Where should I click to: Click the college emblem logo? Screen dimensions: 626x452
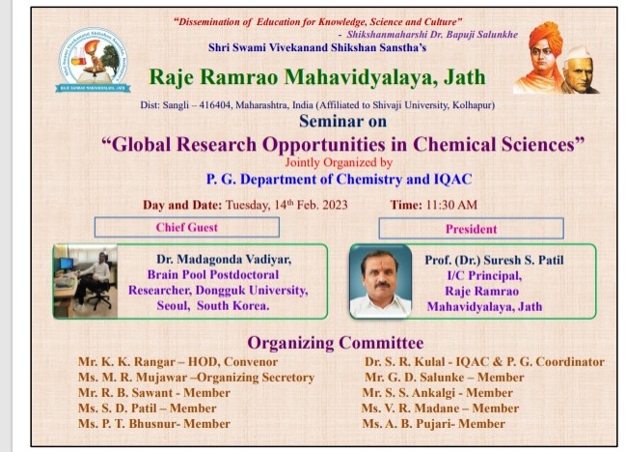[93, 60]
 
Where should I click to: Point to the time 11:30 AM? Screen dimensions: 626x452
[451, 205]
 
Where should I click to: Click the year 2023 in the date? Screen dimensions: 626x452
[335, 205]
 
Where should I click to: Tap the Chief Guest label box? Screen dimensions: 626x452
[187, 227]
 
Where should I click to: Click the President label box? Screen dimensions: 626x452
[471, 229]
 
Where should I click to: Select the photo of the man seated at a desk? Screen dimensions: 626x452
[86, 281]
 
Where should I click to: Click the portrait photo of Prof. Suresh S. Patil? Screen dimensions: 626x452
[380, 281]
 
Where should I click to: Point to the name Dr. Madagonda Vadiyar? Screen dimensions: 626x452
[224, 260]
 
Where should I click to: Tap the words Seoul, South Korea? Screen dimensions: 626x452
[213, 306]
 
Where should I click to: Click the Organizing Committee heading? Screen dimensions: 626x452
[336, 343]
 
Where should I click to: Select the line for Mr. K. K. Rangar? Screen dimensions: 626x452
[177, 361]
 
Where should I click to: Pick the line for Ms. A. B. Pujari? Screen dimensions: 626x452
[433, 424]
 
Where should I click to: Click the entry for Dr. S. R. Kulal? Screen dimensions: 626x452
[484, 361]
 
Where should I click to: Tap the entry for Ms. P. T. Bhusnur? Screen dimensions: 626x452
[154, 424]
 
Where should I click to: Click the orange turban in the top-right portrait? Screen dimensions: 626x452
[545, 35]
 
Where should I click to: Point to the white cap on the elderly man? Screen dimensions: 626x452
[577, 53]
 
